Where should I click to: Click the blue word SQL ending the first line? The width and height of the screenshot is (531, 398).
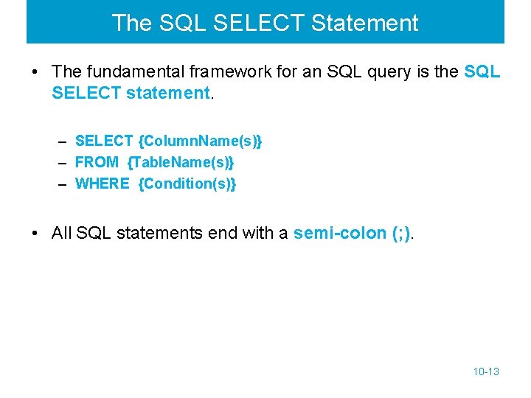[x=482, y=71]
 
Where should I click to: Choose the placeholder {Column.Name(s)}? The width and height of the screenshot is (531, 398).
[x=200, y=141]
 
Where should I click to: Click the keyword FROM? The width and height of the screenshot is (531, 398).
[x=97, y=162]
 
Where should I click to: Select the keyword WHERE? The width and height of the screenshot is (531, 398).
[x=103, y=184]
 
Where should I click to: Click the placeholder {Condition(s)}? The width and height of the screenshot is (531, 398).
[x=187, y=184]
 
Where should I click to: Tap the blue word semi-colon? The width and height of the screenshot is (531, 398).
[x=340, y=234]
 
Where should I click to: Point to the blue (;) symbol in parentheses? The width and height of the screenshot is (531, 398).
[x=403, y=234]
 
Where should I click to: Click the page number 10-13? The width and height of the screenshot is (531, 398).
[x=486, y=371]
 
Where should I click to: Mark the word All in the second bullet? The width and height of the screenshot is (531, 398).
[x=62, y=234]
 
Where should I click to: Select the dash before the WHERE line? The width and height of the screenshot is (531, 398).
[x=63, y=184]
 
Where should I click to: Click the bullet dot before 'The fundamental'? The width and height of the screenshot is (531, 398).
[x=35, y=72]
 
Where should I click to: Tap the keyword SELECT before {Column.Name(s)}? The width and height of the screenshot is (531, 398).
[x=104, y=141]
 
